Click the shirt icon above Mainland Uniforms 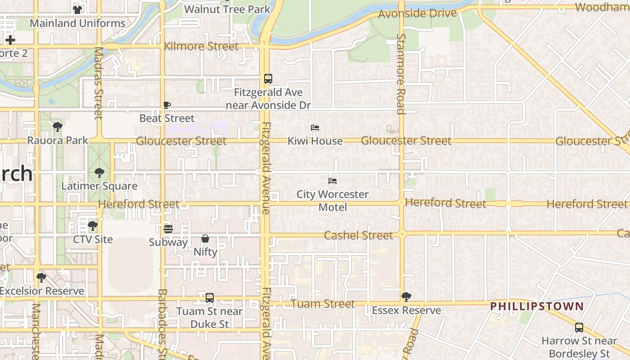pyautogui.click(x=77, y=9)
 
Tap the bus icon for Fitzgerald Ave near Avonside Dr pyautogui.click(x=268, y=79)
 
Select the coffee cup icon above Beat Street pyautogui.click(x=167, y=105)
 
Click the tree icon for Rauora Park pyautogui.click(x=57, y=127)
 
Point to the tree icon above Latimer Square pyautogui.click(x=99, y=172)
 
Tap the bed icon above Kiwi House pyautogui.click(x=315, y=128)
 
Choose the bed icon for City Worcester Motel pyautogui.click(x=333, y=181)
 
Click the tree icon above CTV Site pyautogui.click(x=93, y=225)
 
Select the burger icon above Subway pyautogui.click(x=168, y=229)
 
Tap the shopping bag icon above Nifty pyautogui.click(x=205, y=238)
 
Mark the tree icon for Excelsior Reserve pyautogui.click(x=41, y=277)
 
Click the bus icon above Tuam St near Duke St pyautogui.click(x=210, y=298)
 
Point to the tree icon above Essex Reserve pyautogui.click(x=406, y=297)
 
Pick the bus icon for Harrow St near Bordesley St pyautogui.click(x=579, y=328)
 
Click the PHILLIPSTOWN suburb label pyautogui.click(x=537, y=306)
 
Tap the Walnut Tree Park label pyautogui.click(x=227, y=9)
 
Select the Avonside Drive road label pyautogui.click(x=418, y=13)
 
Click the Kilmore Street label pyautogui.click(x=201, y=46)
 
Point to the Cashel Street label pyautogui.click(x=358, y=235)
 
